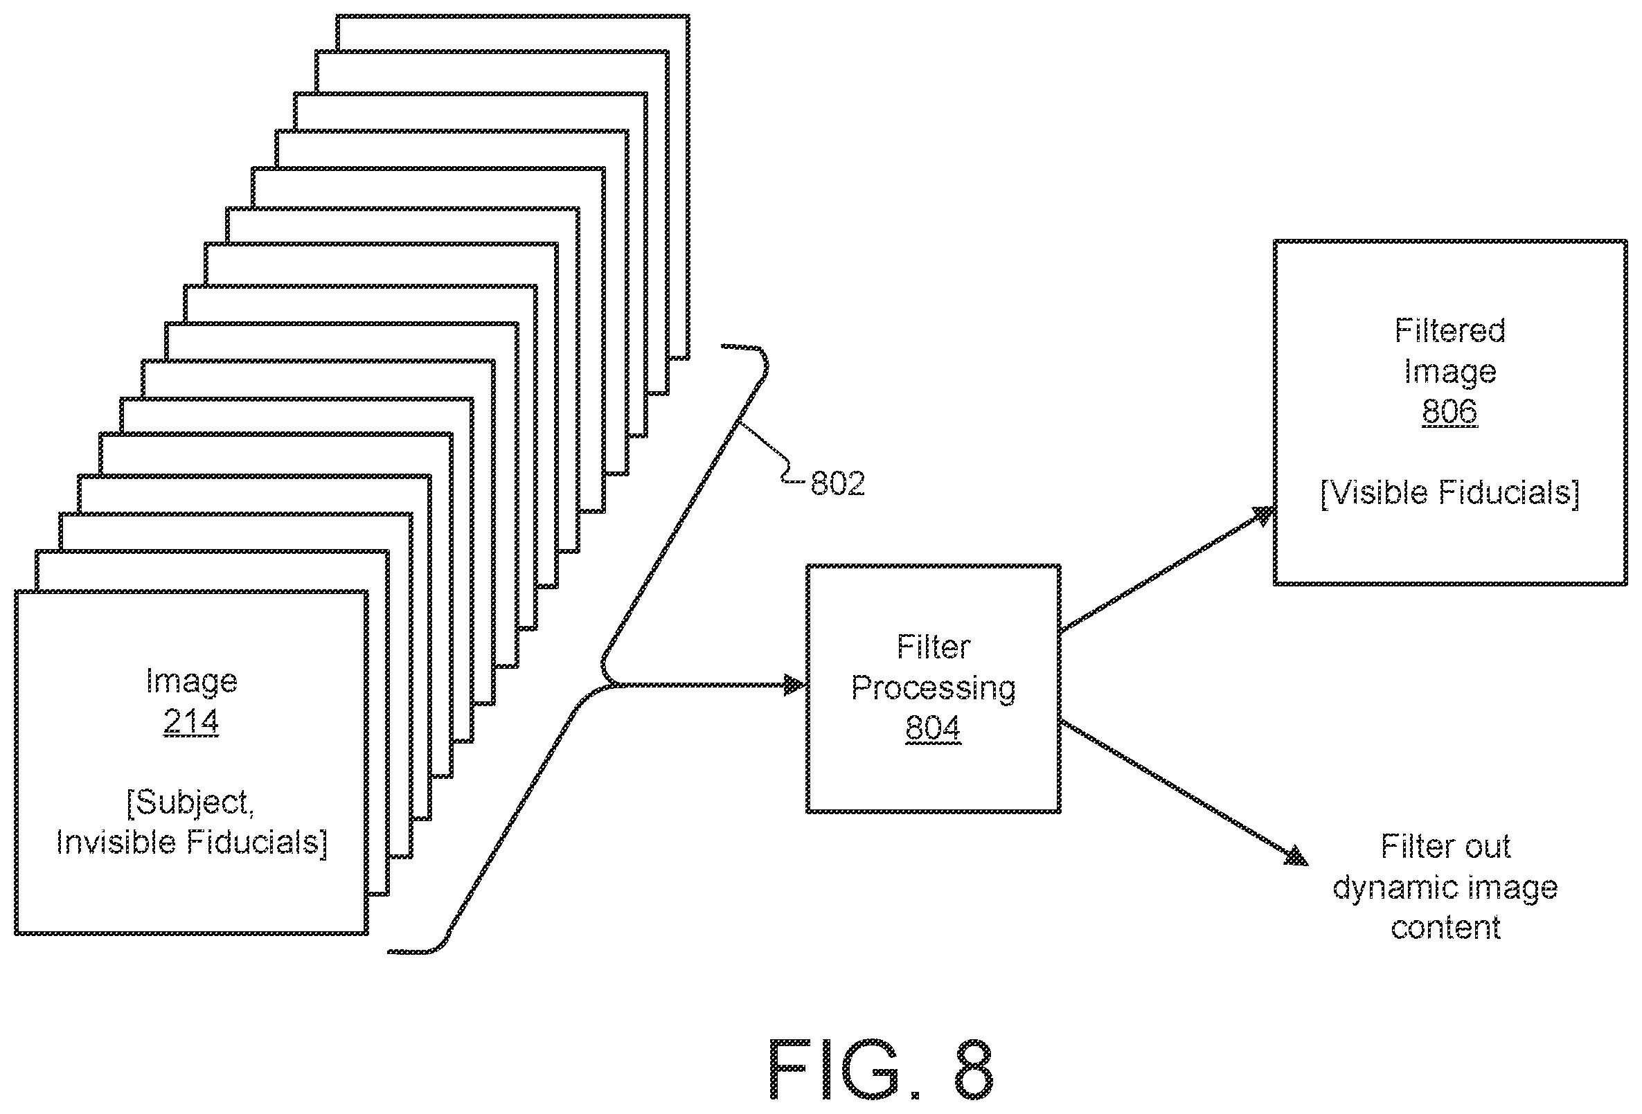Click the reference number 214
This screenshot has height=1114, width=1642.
pyautogui.click(x=190, y=721)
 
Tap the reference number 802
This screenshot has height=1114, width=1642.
pyautogui.click(x=837, y=484)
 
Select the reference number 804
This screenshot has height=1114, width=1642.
pyautogui.click(x=933, y=728)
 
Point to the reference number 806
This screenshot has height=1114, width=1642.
pyautogui.click(x=1449, y=411)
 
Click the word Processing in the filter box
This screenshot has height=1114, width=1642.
pyautogui.click(x=934, y=689)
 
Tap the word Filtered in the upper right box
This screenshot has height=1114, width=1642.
pyautogui.click(x=1449, y=330)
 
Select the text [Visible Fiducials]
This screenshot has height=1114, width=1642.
pyautogui.click(x=1449, y=492)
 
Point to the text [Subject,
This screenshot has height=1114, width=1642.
pyautogui.click(x=190, y=802)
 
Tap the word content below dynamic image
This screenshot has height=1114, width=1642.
pyautogui.click(x=1445, y=928)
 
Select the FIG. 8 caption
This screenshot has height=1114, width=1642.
pyautogui.click(x=880, y=1069)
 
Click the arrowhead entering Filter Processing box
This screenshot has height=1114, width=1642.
pyautogui.click(x=796, y=685)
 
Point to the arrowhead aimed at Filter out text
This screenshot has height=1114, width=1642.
pyautogui.click(x=1296, y=856)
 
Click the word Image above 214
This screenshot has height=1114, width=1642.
pyautogui.click(x=191, y=682)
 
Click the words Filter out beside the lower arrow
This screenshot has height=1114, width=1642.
pyautogui.click(x=1445, y=846)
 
